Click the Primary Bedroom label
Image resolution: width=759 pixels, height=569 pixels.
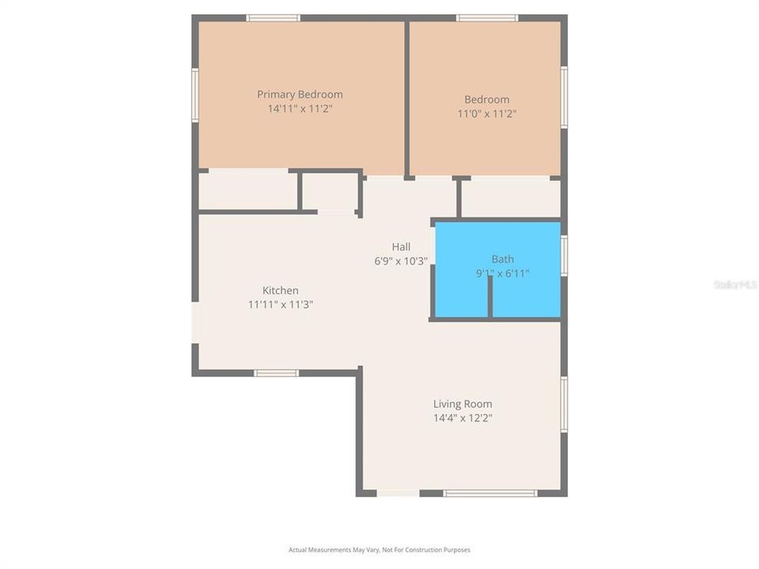click(x=300, y=95)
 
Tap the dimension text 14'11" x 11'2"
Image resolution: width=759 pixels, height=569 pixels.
click(x=300, y=109)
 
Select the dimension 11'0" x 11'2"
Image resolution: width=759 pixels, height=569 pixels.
click(x=486, y=114)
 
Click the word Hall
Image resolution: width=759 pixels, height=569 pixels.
click(x=401, y=247)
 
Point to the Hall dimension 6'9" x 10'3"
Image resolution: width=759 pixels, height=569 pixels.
click(x=401, y=261)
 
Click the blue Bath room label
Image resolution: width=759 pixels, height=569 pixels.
click(x=502, y=259)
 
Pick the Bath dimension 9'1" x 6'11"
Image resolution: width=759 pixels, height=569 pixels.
click(x=502, y=273)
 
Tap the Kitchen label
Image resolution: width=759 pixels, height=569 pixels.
click(x=281, y=291)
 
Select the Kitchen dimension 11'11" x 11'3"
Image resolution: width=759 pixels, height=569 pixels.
click(x=281, y=304)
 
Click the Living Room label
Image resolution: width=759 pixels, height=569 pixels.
click(x=463, y=405)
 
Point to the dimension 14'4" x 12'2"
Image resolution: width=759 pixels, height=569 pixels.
click(x=463, y=419)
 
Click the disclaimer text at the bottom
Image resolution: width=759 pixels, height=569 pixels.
click(x=379, y=550)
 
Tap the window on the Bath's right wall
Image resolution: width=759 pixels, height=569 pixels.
click(x=564, y=255)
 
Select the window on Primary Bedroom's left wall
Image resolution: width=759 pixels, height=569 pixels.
click(x=195, y=95)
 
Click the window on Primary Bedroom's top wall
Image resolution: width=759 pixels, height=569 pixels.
click(x=273, y=18)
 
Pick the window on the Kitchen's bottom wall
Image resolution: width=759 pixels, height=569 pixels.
click(x=276, y=373)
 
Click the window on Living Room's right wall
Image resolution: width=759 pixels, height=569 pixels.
click(x=564, y=404)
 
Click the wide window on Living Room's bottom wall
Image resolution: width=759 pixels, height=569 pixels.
click(x=490, y=493)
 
